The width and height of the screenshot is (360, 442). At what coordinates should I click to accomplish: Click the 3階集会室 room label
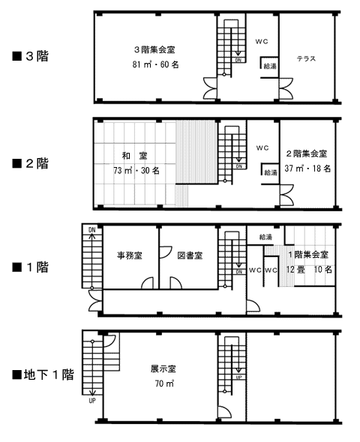pyautogui.click(x=154, y=50)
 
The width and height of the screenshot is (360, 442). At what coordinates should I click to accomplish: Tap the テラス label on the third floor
pyautogui.click(x=306, y=58)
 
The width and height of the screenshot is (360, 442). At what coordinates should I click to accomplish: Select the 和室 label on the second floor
pyautogui.click(x=134, y=156)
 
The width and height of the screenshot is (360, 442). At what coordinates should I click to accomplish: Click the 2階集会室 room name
pyautogui.click(x=307, y=154)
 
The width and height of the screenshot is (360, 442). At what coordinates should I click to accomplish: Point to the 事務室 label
pyautogui.click(x=130, y=255)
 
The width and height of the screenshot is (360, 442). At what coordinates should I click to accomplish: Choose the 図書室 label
pyautogui.click(x=190, y=255)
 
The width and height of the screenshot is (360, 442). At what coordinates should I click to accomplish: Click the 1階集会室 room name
pyautogui.click(x=308, y=255)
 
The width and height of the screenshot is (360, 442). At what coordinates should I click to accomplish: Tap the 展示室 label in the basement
pyautogui.click(x=163, y=369)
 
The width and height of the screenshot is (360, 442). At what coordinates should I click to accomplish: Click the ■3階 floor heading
pyautogui.click(x=31, y=56)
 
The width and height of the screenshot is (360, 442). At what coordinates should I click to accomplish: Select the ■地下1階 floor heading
pyautogui.click(x=43, y=375)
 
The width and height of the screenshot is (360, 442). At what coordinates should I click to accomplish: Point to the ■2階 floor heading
pyautogui.click(x=31, y=163)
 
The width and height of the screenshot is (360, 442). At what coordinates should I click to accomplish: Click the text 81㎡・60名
pyautogui.click(x=155, y=64)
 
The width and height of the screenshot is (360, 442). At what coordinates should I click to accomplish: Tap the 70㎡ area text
pyautogui.click(x=164, y=384)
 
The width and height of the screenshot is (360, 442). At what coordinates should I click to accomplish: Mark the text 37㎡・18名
pyautogui.click(x=307, y=169)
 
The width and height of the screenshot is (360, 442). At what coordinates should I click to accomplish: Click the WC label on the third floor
pyautogui.click(x=262, y=41)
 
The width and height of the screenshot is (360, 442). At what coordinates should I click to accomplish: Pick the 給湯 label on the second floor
pyautogui.click(x=271, y=172)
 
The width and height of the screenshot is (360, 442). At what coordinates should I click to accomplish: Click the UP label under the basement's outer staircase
pyautogui.click(x=92, y=400)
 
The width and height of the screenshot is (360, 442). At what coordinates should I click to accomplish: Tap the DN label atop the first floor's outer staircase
pyautogui.click(x=92, y=230)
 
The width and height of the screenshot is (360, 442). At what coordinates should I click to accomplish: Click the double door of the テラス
pyautogui.click(x=286, y=89)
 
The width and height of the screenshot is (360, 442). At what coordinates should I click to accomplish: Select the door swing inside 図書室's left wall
pyautogui.click(x=166, y=252)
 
